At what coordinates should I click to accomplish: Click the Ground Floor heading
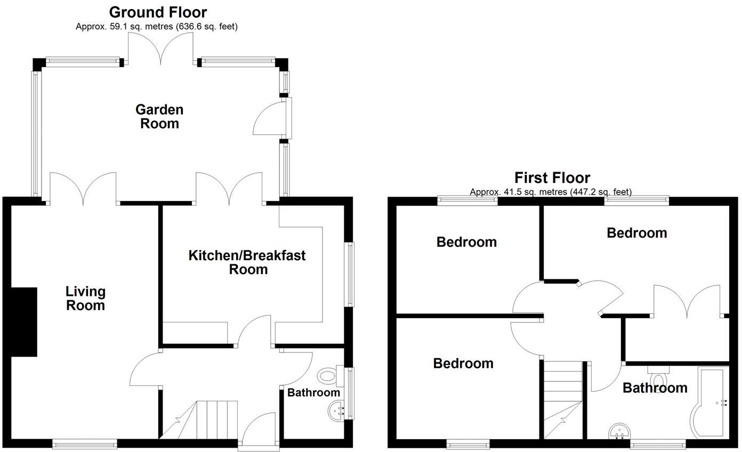158,12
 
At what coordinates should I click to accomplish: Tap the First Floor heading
552,177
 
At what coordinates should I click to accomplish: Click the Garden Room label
159,117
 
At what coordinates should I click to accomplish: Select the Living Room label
85,298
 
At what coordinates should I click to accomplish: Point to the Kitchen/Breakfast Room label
247,262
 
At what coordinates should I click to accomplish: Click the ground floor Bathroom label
313,393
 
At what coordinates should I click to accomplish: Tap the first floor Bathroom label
655,388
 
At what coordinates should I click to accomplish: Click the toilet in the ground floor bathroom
328,376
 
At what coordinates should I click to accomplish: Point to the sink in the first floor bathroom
619,431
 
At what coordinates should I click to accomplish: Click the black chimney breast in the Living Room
24,322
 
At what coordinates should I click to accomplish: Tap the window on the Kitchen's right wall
350,275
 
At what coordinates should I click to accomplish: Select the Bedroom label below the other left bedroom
463,364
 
